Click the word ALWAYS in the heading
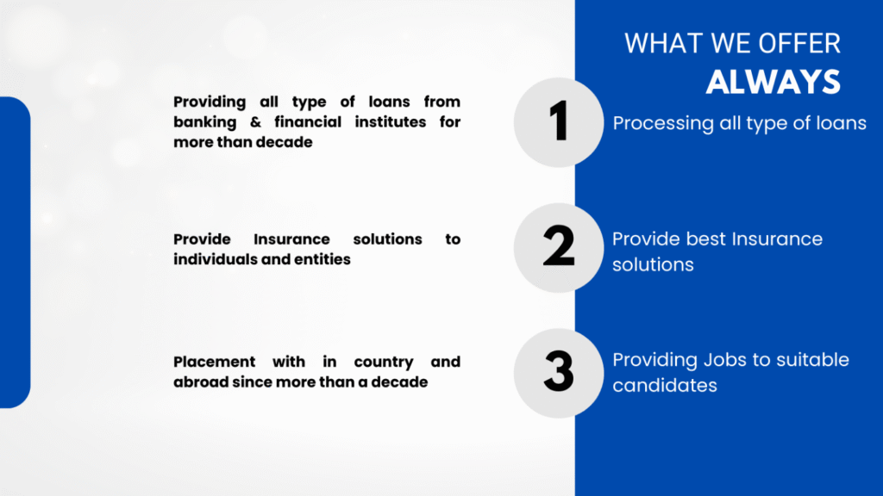tap(773, 82)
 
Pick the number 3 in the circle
tap(559, 371)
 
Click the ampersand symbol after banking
tap(255, 122)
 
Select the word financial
tap(308, 122)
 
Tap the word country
tap(384, 363)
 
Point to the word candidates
tap(665, 386)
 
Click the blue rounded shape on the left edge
tap(15, 252)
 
